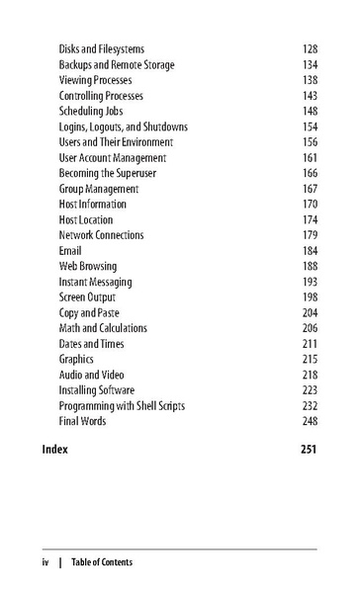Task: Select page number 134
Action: (x=310, y=65)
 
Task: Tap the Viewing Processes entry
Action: (x=96, y=80)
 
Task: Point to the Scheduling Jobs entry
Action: (x=93, y=112)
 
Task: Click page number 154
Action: (x=310, y=127)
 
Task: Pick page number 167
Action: (x=310, y=189)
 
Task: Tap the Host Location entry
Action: (x=86, y=219)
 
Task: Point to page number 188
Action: (x=310, y=266)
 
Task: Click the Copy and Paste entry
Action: (x=90, y=312)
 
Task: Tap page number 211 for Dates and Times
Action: (x=310, y=343)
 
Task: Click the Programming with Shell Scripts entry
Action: (x=122, y=405)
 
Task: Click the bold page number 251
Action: (x=309, y=449)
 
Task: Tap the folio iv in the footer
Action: (x=45, y=562)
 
